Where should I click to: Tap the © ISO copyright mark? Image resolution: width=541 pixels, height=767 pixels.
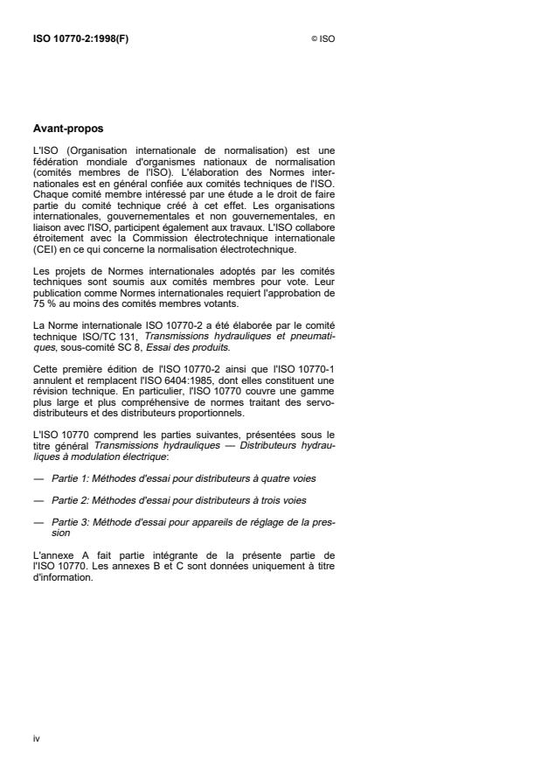click(323, 38)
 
